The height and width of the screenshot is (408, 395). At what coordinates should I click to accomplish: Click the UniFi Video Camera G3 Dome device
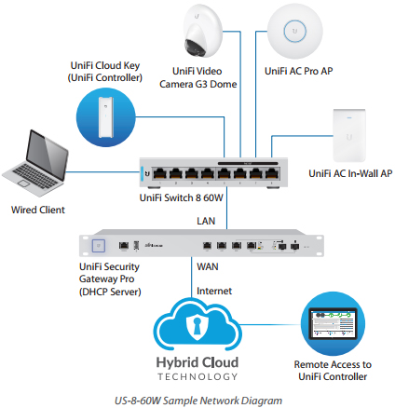point(202,31)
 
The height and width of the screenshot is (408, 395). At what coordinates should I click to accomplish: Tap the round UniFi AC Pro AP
point(294,31)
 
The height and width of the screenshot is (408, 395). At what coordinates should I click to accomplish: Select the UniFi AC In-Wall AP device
point(349,135)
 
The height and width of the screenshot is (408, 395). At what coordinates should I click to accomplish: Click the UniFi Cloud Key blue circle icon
point(106,117)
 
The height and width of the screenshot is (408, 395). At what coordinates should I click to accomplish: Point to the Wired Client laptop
point(34,163)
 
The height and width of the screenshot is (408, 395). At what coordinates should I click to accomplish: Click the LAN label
point(206,221)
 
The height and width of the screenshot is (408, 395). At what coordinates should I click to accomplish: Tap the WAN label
point(208,266)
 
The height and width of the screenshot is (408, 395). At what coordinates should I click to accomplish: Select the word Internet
point(214,291)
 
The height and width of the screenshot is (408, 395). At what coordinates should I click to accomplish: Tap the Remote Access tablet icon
point(333,323)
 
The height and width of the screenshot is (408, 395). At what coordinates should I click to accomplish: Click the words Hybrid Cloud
point(197,362)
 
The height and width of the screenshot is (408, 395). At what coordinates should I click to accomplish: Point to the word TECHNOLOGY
point(197,376)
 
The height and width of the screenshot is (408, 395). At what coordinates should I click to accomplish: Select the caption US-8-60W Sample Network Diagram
point(198,401)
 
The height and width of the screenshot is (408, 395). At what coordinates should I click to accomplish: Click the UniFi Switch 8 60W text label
point(182,197)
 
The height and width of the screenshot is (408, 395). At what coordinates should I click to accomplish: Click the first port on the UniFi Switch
point(160,173)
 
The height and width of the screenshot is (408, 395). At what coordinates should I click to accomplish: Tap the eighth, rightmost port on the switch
point(272,173)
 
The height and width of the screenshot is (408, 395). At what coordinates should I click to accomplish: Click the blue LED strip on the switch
point(143,173)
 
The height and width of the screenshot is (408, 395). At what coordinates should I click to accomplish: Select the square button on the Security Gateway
point(99,246)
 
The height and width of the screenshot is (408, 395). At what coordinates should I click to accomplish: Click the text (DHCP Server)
point(110,292)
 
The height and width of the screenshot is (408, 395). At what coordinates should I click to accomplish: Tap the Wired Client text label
point(38,210)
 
